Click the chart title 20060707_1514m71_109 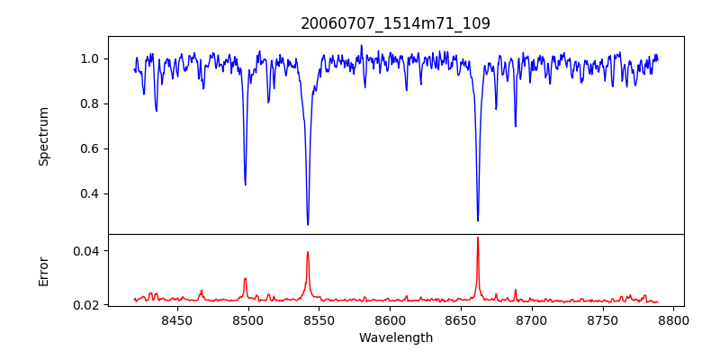pyautogui.click(x=396, y=23)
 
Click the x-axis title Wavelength pyautogui.click(x=396, y=338)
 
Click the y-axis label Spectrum pyautogui.click(x=43, y=136)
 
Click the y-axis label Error pyautogui.click(x=43, y=270)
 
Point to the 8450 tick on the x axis pyautogui.click(x=176, y=319)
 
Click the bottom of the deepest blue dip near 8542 pyautogui.click(x=308, y=225)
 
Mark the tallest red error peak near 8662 pyautogui.click(x=478, y=238)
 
